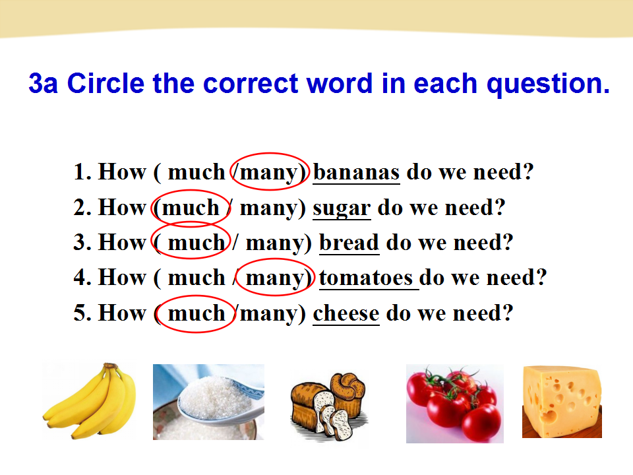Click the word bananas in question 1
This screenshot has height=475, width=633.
click(x=357, y=172)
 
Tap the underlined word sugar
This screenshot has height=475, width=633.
click(x=342, y=209)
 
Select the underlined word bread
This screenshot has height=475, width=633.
click(x=349, y=243)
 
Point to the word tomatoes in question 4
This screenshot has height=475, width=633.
click(x=366, y=278)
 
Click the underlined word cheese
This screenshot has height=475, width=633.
click(x=346, y=313)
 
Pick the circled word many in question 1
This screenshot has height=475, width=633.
click(x=268, y=174)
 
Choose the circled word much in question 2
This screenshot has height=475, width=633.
click(x=191, y=208)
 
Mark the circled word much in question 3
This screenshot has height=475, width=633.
click(x=196, y=243)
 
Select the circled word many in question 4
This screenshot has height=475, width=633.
click(x=274, y=278)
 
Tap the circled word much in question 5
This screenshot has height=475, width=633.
click(x=196, y=313)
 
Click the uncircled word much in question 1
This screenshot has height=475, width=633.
click(x=196, y=172)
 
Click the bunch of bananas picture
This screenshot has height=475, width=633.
click(x=90, y=400)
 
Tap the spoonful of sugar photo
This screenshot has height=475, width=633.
click(x=208, y=402)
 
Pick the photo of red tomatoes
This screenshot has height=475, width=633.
click(x=454, y=404)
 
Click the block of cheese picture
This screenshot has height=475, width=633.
click(x=562, y=402)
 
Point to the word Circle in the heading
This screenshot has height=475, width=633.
click(x=105, y=84)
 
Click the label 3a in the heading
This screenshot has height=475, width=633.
click(x=44, y=84)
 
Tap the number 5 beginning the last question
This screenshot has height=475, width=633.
click(x=80, y=313)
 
